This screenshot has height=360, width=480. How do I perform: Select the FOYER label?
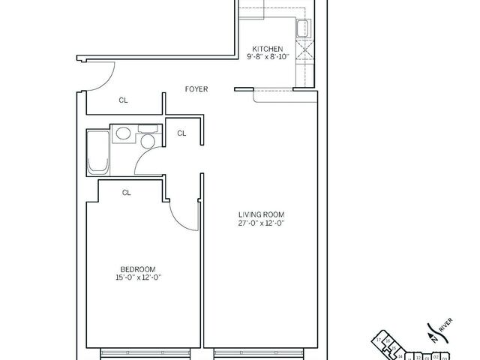coord(196,90)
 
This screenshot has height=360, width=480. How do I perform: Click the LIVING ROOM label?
coord(262,214)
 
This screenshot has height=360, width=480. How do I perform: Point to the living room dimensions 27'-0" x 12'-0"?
coord(262,223)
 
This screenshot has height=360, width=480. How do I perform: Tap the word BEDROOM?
coord(137,269)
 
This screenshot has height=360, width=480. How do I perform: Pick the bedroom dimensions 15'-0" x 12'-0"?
coord(137,278)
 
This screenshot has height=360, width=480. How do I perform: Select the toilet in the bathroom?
coord(148,141)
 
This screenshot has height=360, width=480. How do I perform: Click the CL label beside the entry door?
coord(123,100)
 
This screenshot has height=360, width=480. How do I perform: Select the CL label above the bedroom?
coord(127,193)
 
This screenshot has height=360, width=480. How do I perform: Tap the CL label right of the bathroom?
coord(181,133)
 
